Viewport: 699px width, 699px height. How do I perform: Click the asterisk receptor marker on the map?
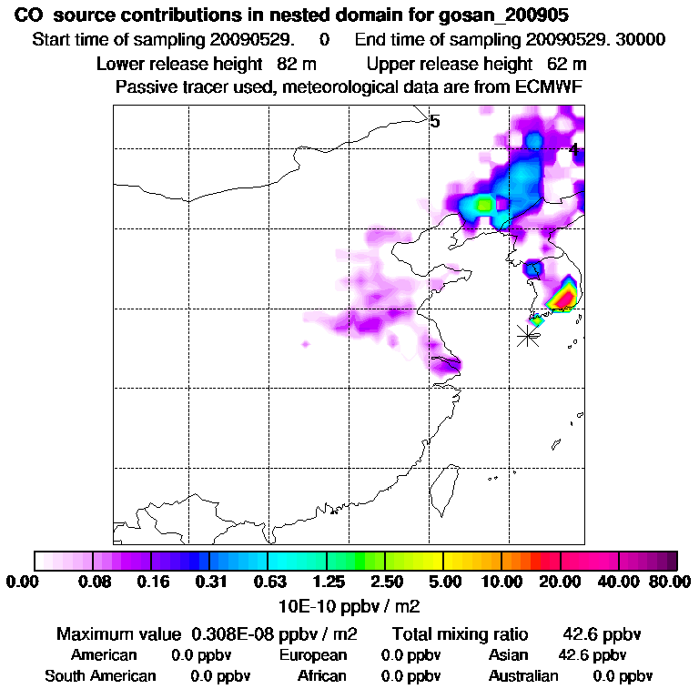527,335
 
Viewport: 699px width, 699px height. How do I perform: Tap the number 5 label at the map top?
435,121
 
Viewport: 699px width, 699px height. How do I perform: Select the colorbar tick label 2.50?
386,582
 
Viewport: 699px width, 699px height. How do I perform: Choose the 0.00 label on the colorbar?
25,582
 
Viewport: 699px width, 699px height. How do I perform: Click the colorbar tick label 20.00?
562,582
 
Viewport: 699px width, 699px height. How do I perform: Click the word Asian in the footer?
509,655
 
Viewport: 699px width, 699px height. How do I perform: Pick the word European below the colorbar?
313,655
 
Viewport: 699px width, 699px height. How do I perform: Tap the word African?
322,676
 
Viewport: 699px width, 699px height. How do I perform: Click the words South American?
100,676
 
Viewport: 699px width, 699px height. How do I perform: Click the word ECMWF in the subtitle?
551,87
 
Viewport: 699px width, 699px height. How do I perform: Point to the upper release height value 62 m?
567,64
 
